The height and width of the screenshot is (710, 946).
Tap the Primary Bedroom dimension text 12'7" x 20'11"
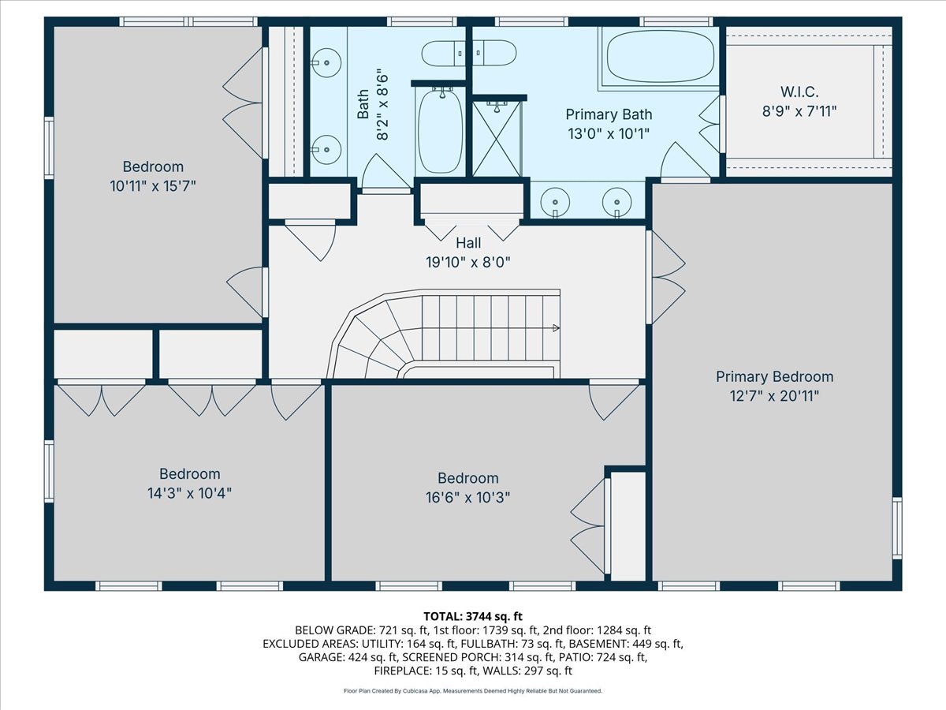click(x=774, y=395)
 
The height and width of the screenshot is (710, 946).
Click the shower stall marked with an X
click(x=497, y=138)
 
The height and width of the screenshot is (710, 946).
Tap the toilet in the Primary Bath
click(x=494, y=54)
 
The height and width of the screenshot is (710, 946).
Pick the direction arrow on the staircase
click(x=555, y=327)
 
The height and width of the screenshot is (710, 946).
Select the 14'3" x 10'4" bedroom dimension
click(x=189, y=493)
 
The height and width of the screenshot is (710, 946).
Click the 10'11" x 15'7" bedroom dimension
click(x=153, y=186)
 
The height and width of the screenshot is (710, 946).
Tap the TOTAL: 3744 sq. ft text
click(x=473, y=615)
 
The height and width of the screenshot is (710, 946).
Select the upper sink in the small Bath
click(x=324, y=60)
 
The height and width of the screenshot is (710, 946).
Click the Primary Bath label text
click(x=609, y=114)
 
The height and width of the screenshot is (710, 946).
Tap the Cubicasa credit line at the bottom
click(x=473, y=691)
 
